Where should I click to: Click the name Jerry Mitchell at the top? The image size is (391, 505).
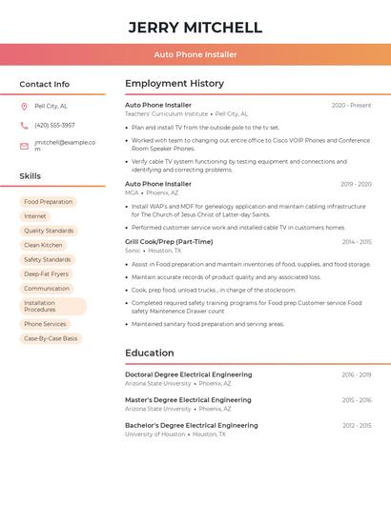point(195,27)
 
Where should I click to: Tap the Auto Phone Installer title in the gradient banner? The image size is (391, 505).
point(195,54)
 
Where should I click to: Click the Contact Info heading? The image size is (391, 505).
point(45,84)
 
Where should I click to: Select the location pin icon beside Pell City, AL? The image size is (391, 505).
point(24,106)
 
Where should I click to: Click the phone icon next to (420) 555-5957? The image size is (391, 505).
point(24,125)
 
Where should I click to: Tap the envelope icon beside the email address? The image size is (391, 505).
point(24,146)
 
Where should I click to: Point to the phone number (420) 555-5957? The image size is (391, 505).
point(54,125)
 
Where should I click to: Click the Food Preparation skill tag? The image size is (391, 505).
point(48,202)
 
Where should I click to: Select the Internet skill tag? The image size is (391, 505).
point(34,216)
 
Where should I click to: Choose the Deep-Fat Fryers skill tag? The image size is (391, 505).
point(46,273)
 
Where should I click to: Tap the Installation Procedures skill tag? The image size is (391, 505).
point(52,306)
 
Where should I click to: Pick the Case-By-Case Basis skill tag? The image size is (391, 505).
point(51,338)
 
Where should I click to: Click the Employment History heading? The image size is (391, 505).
point(175,84)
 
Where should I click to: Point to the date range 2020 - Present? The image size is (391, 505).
point(351,105)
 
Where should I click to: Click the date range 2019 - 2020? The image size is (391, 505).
point(356,184)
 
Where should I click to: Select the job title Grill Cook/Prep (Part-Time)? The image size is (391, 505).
point(169,242)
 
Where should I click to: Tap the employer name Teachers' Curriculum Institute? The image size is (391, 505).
point(166,113)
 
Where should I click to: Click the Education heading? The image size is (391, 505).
point(150,353)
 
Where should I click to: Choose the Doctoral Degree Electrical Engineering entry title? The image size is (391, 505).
point(188,374)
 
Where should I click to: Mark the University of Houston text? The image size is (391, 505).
point(154,434)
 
